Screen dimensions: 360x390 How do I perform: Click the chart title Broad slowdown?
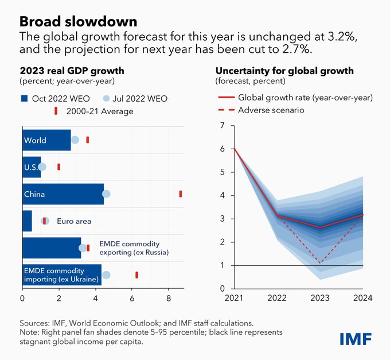78,21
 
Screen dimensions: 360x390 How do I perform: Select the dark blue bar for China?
63,194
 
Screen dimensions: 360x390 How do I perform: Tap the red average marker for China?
181,194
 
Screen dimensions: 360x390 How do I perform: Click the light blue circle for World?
75,140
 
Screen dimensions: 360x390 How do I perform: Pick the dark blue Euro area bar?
27,220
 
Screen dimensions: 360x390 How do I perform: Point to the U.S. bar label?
31,167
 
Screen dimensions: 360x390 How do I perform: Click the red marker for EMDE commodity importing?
136,275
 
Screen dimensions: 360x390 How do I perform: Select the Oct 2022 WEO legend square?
24,98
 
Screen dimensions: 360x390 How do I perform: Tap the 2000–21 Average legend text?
106,111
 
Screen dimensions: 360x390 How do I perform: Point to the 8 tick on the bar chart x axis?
169,299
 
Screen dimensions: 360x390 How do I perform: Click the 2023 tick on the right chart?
320,299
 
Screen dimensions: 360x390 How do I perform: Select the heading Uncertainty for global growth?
284,71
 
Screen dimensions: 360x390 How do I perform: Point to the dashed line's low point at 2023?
320,264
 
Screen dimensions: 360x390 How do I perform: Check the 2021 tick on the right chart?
234,299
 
